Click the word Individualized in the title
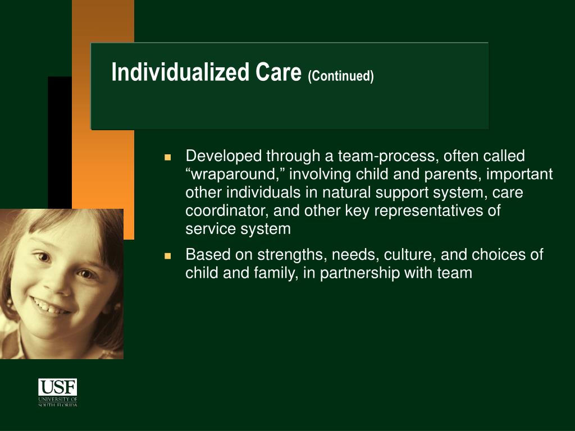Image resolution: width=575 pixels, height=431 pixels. pos(180,72)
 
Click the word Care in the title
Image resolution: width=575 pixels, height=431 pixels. pos(279,72)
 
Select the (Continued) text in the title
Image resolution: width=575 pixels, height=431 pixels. pos(341,76)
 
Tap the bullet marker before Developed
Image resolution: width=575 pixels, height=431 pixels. pos(168,158)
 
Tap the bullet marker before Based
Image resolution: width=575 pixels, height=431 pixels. pos(168,256)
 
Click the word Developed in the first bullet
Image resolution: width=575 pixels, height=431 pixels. pos(223,157)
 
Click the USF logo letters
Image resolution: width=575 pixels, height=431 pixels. pos(58,387)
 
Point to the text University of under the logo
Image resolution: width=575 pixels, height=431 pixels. pos(58,399)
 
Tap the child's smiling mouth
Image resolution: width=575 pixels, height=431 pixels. pos(50,306)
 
